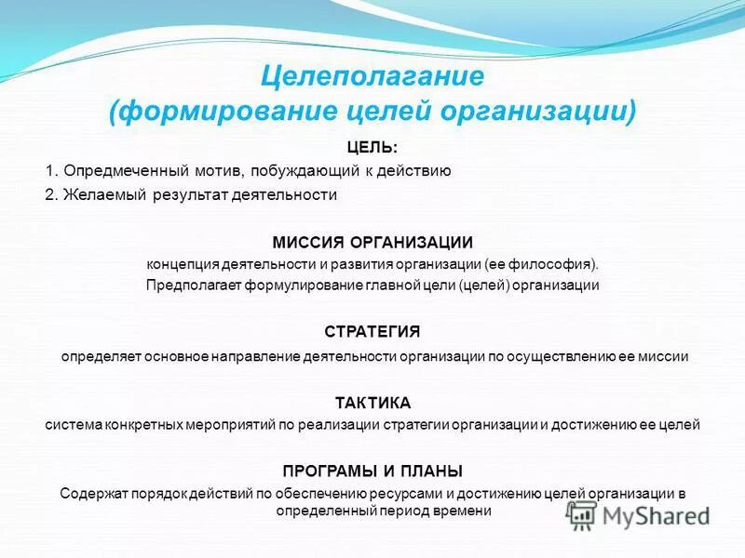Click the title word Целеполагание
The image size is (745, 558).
[371, 74]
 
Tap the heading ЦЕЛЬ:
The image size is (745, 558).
[372, 147]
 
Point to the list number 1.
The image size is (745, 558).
[51, 170]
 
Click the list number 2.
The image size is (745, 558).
[51, 194]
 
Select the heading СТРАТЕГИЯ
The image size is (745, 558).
[372, 332]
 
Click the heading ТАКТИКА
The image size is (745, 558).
[372, 402]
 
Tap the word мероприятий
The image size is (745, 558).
[229, 425]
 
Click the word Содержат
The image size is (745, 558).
[90, 493]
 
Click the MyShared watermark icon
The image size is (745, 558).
[583, 515]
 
